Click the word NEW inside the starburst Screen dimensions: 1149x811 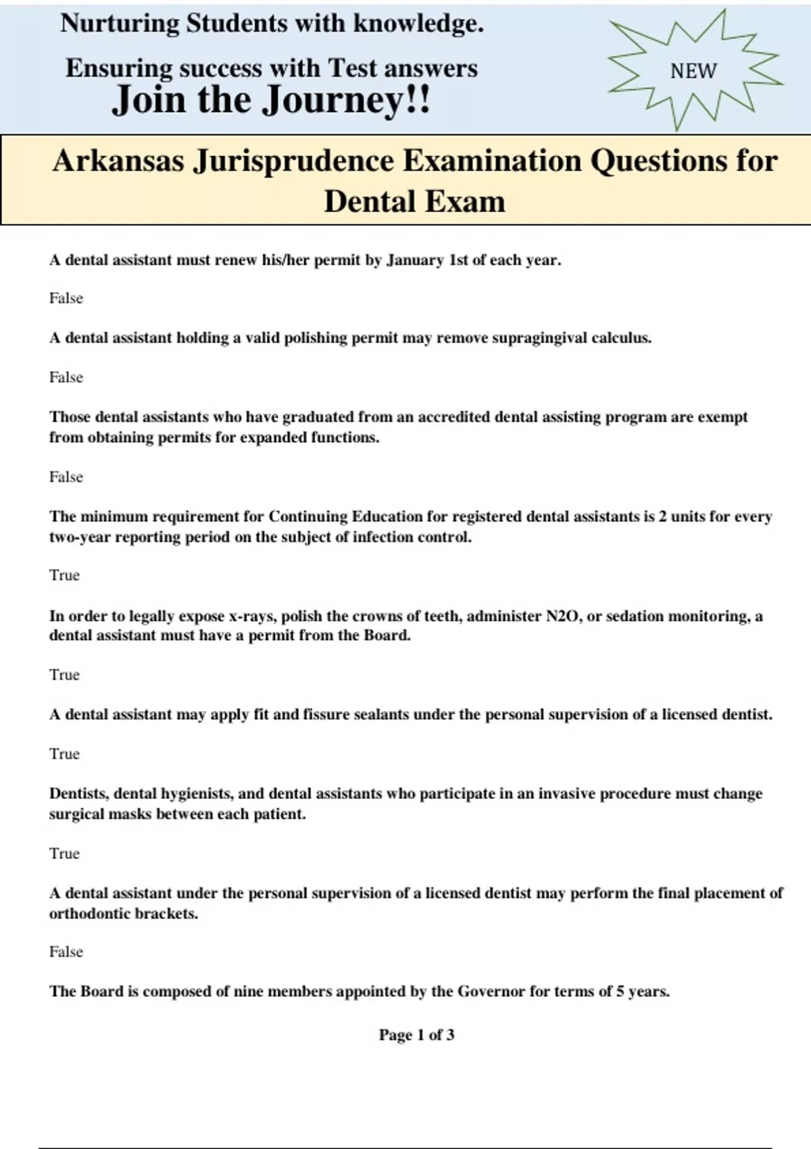(693, 71)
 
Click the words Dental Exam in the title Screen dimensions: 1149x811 (414, 201)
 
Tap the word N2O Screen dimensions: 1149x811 (564, 616)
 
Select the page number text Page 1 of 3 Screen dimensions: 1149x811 (416, 1035)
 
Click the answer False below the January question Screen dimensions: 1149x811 (66, 299)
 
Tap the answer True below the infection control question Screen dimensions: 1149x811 (64, 575)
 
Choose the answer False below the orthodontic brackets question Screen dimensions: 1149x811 (66, 952)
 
